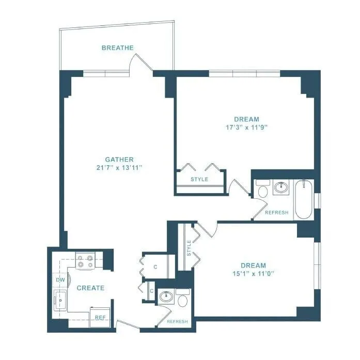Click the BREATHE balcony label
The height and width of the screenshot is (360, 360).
point(117,48)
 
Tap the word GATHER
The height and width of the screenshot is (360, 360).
point(119,160)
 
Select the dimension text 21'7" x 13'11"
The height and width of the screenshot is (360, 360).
point(119,167)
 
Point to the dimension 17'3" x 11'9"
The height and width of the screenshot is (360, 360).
point(246,127)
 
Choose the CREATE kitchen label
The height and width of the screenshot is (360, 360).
point(90,288)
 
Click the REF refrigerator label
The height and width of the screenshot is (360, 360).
point(100,318)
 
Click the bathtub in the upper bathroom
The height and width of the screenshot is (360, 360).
point(303,199)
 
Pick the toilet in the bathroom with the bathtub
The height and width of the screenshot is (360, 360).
point(263,190)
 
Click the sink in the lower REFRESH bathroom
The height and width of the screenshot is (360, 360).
point(166,297)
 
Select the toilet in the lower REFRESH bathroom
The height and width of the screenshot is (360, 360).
point(183,299)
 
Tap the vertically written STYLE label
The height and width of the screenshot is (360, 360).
point(189,248)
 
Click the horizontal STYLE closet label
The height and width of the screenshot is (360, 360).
point(199,179)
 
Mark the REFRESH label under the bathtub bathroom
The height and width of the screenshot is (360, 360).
point(276,213)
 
